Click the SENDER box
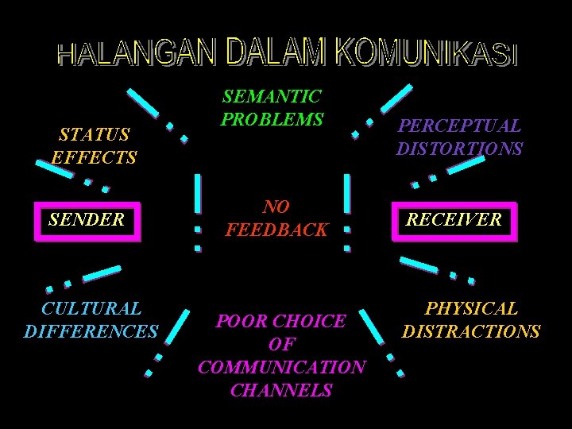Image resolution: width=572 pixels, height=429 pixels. (87, 220)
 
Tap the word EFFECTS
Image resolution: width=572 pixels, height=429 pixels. (95, 157)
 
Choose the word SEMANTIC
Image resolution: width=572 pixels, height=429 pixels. (272, 97)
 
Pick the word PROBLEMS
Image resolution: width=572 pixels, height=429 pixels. (272, 120)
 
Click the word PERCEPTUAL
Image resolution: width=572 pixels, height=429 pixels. (459, 126)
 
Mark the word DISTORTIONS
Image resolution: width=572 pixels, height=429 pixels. (459, 149)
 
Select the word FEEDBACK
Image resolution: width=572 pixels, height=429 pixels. (276, 230)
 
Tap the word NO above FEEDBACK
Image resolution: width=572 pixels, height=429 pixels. (276, 207)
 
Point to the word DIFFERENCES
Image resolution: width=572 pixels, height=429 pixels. (91, 331)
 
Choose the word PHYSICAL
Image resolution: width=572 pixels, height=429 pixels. (471, 308)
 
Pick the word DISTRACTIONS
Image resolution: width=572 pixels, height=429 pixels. (471, 331)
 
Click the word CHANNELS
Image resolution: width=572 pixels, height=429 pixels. (281, 391)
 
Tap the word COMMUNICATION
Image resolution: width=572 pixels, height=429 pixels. (281, 368)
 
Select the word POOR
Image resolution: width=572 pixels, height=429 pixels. (240, 322)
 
